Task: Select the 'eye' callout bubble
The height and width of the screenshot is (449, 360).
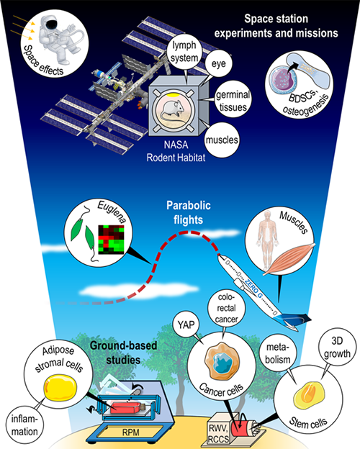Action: (218, 63)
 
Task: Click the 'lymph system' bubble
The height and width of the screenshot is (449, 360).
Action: (184, 52)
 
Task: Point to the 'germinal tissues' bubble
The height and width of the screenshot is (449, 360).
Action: (233, 100)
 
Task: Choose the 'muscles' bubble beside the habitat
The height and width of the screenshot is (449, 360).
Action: (222, 140)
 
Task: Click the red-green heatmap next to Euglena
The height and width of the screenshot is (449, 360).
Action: (111, 240)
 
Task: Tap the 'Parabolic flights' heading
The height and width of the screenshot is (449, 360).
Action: (189, 212)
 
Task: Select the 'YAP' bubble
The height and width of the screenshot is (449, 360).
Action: (186, 325)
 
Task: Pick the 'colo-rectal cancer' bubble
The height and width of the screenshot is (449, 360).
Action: (226, 309)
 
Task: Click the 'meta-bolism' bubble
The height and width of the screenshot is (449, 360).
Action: (277, 353)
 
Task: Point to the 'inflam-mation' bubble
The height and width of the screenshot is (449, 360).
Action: (24, 425)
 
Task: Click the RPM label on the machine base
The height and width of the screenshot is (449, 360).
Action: (131, 432)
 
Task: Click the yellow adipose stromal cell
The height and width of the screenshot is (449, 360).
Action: (60, 388)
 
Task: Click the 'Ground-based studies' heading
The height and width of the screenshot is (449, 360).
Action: (123, 353)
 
